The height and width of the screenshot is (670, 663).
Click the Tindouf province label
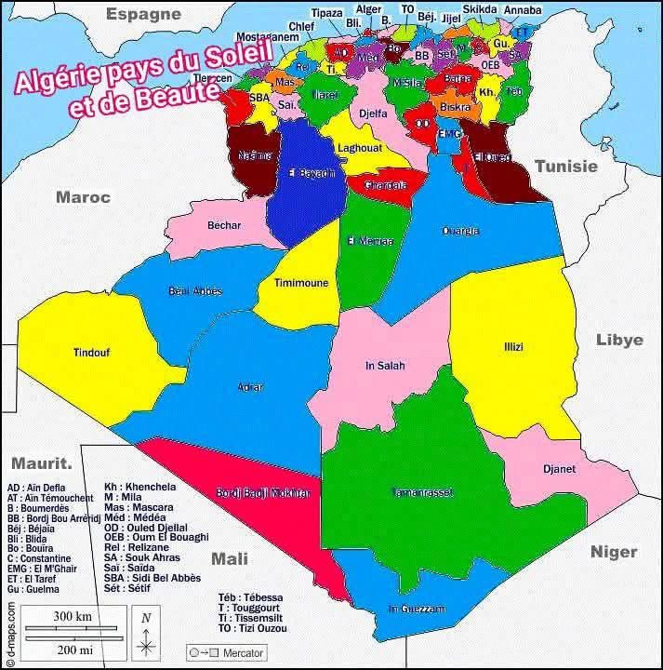pyautogui.click(x=91, y=353)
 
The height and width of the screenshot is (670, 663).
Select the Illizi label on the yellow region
pyautogui.click(x=513, y=347)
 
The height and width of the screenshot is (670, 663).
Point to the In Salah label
pyautogui.click(x=385, y=366)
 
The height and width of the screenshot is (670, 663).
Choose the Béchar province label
pyautogui.click(x=224, y=225)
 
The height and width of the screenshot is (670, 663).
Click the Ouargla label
pyautogui.click(x=460, y=231)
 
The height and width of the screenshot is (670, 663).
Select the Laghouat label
pyautogui.click(x=360, y=148)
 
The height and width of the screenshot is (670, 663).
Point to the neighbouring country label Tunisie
pyautogui.click(x=565, y=166)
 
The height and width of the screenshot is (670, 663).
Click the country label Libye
pyautogui.click(x=619, y=340)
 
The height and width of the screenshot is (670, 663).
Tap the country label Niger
pyautogui.click(x=614, y=552)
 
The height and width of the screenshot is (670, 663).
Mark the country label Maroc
pyautogui.click(x=83, y=196)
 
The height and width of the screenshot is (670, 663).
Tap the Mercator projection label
pyautogui.click(x=242, y=652)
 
